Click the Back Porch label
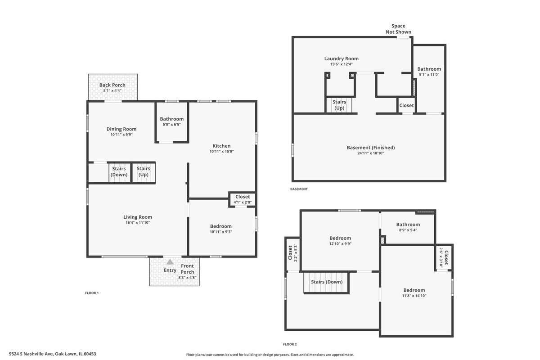112,85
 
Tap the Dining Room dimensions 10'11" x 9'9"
121,135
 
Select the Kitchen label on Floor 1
221,146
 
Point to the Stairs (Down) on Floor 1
119,171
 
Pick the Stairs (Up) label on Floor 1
144,171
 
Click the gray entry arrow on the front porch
170,262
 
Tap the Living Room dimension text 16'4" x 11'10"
138,223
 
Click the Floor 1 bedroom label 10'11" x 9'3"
221,226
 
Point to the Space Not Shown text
398,29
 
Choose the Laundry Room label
342,58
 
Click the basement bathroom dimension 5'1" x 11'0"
429,75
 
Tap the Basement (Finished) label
371,148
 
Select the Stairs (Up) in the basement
339,105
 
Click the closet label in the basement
406,105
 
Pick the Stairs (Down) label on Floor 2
327,282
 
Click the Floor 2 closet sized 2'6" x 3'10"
444,257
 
